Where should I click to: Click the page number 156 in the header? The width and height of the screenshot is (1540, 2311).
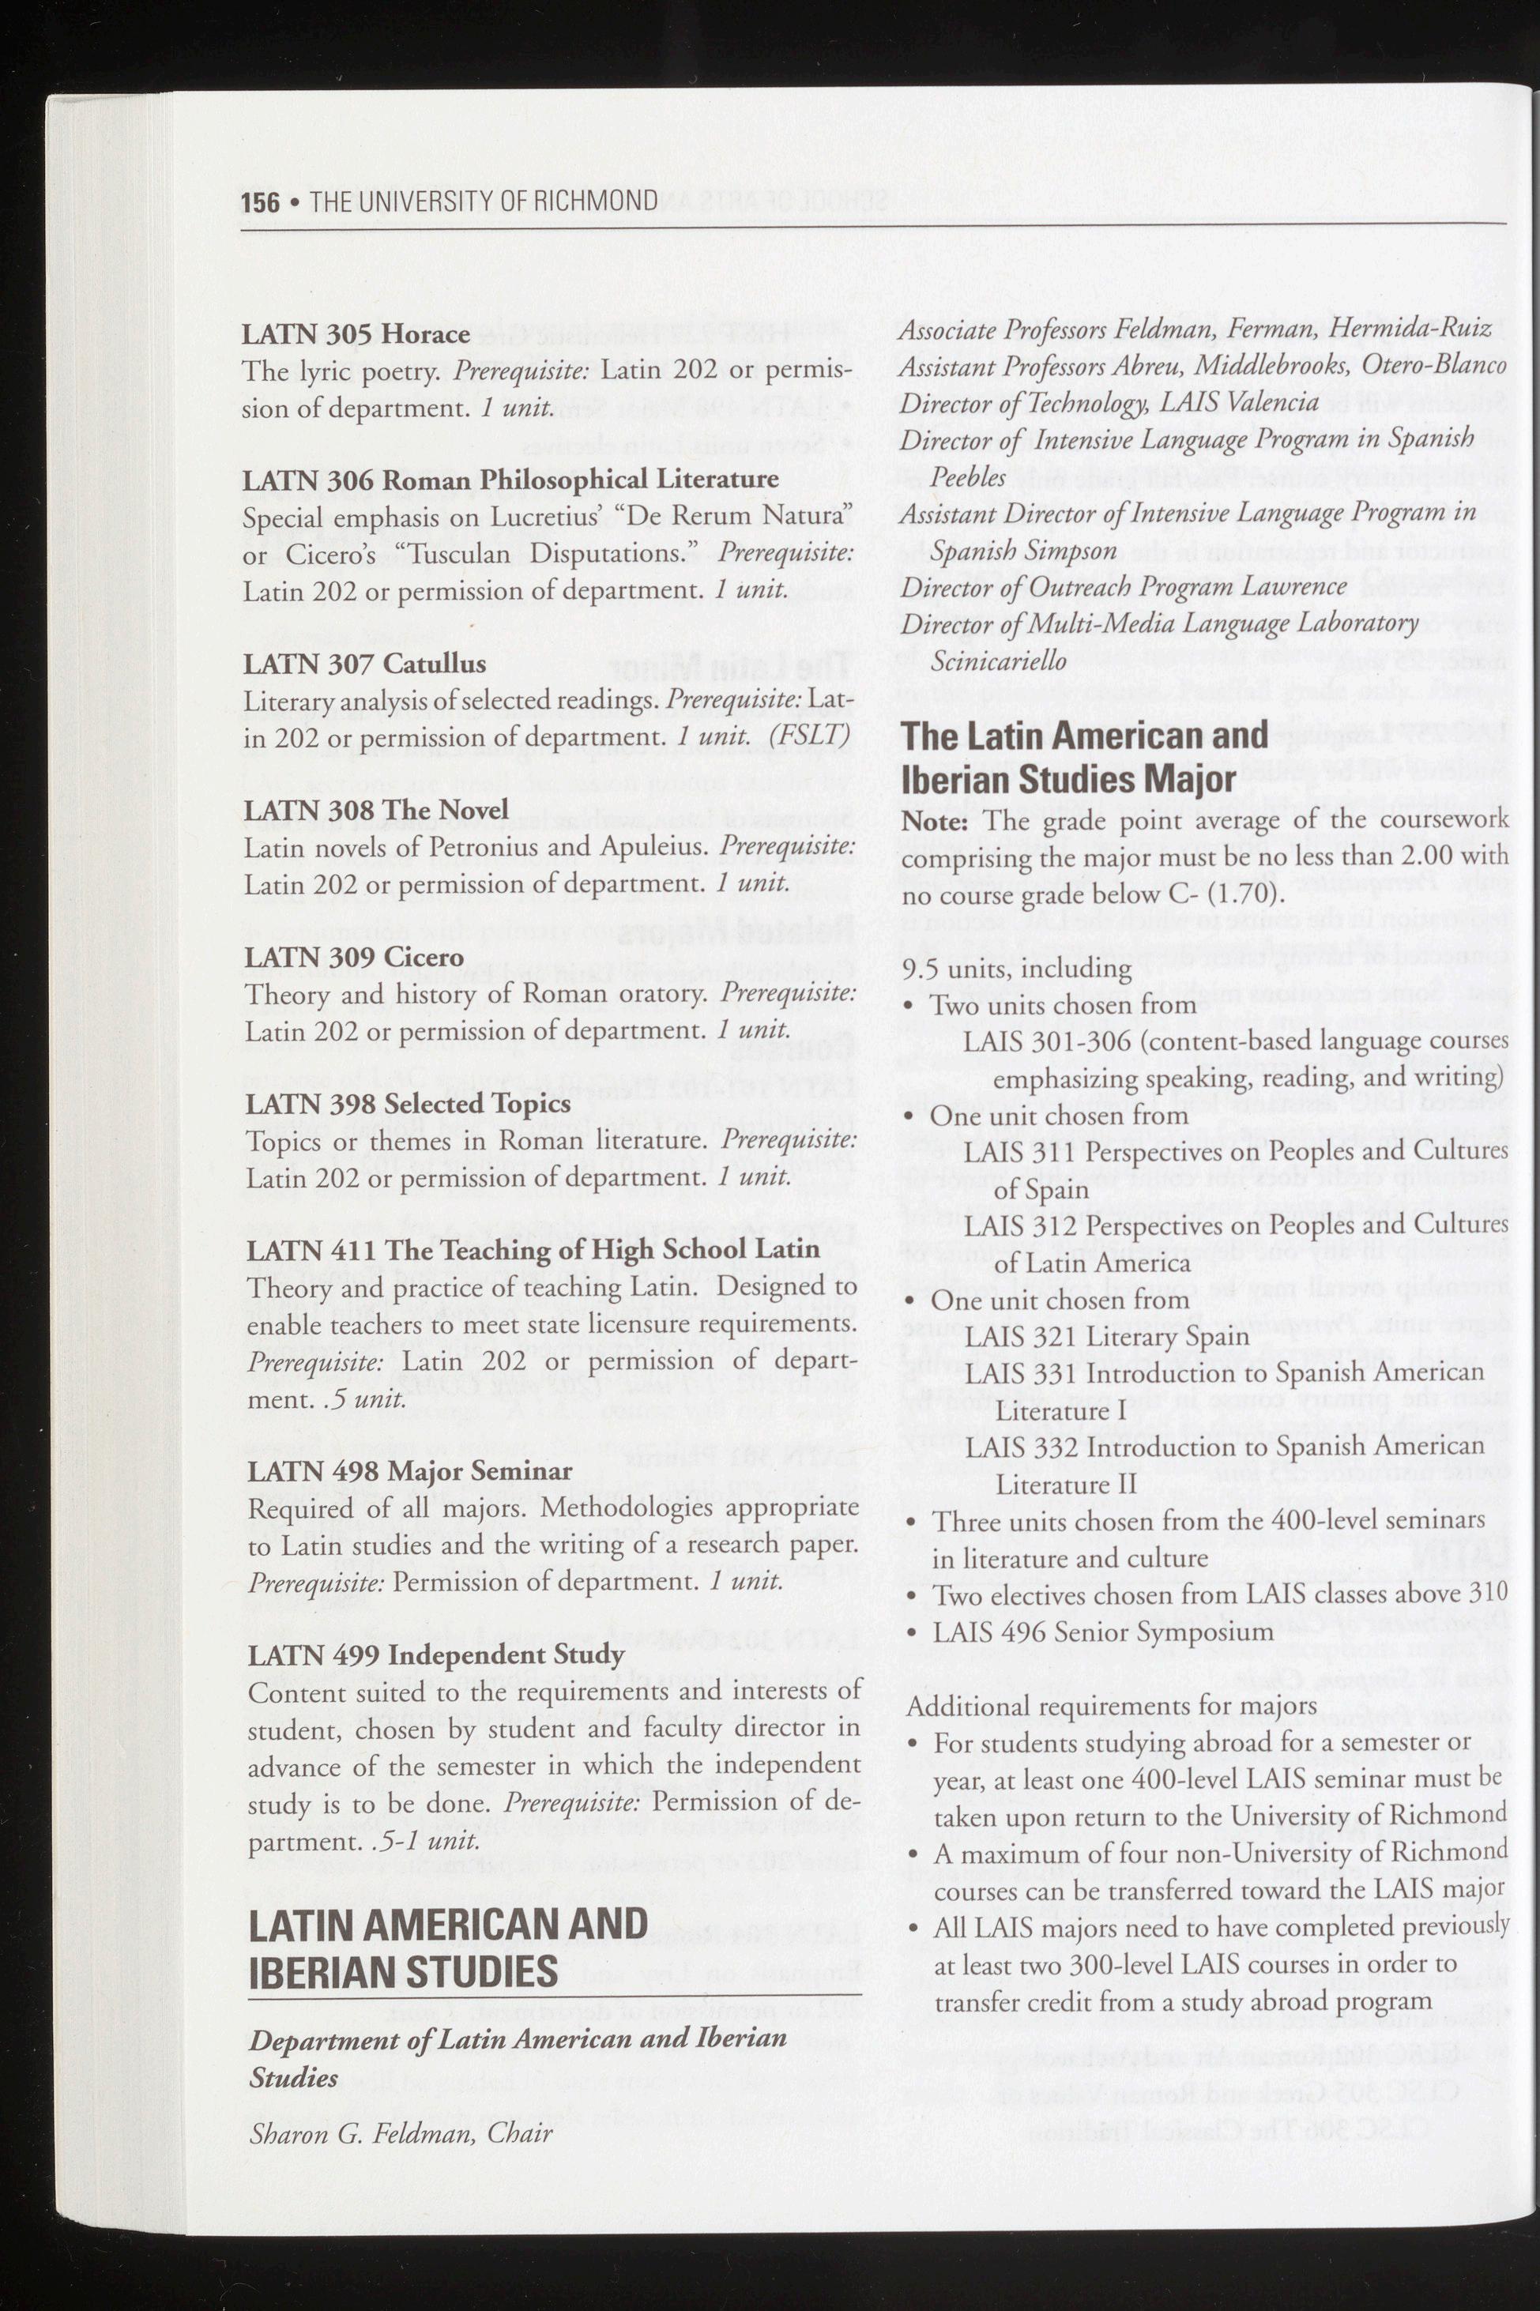point(259,202)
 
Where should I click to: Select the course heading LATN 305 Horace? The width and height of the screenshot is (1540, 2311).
point(356,334)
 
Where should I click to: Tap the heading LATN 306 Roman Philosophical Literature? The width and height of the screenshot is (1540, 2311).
point(510,480)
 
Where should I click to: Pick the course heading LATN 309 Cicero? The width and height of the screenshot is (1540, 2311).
point(353,957)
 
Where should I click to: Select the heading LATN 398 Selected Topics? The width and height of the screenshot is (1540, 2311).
point(408,1103)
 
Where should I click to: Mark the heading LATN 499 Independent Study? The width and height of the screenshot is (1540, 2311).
point(436,1654)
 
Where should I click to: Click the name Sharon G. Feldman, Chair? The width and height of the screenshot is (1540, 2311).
point(400,2133)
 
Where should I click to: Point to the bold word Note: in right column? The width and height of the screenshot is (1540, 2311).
point(934,821)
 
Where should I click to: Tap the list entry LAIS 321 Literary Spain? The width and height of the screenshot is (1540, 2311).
point(1106,1337)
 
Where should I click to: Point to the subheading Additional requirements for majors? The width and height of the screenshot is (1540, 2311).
point(1111,1706)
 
